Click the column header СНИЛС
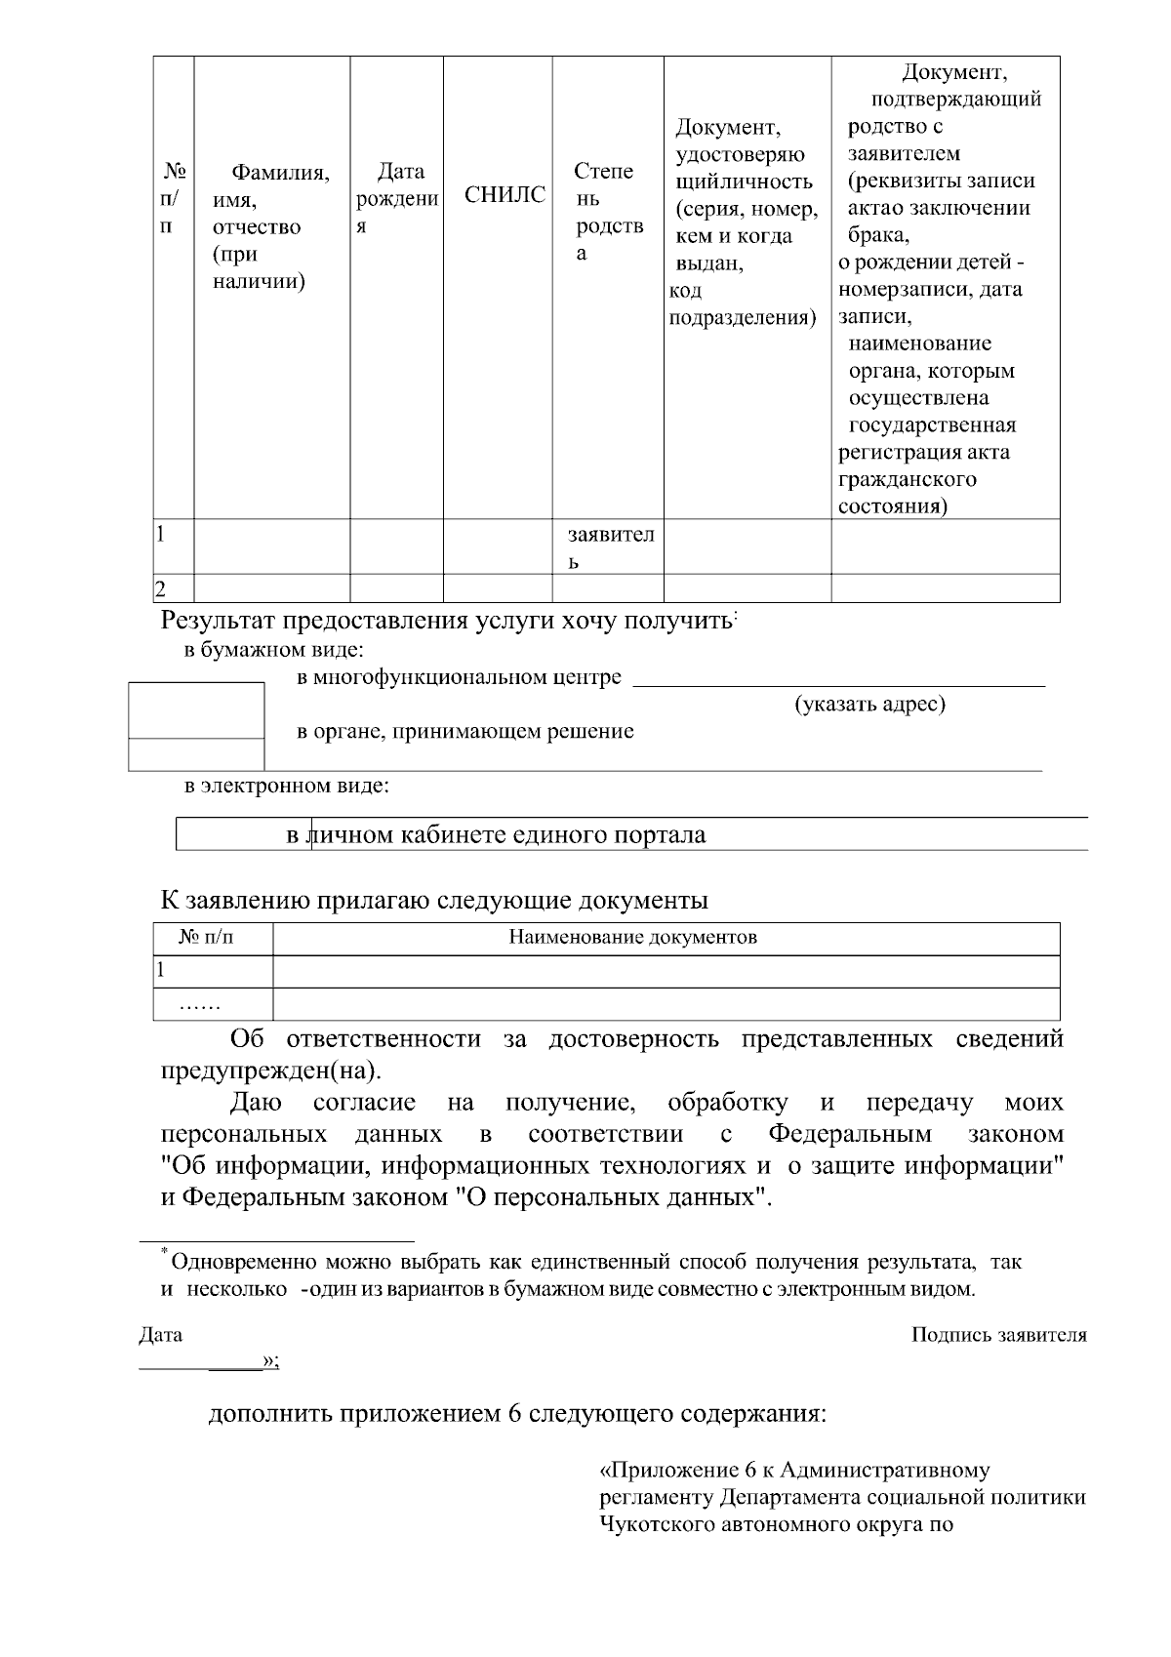click(505, 195)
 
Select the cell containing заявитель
click(610, 547)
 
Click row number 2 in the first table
click(161, 588)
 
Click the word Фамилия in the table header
click(280, 174)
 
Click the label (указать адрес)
click(869, 704)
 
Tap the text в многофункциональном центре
click(459, 677)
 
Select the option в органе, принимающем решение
click(464, 731)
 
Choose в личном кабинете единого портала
click(496, 835)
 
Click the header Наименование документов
click(633, 938)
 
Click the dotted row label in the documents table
click(201, 1004)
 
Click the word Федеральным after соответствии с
click(850, 1134)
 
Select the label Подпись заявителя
click(998, 1335)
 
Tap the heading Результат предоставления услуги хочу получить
click(447, 621)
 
